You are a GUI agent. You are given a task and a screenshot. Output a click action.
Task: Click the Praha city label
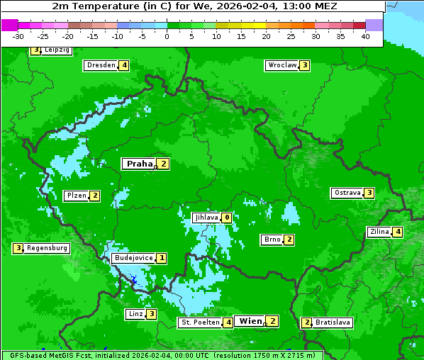click(x=140, y=164)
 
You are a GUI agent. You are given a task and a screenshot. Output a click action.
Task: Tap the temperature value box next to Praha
click(x=164, y=164)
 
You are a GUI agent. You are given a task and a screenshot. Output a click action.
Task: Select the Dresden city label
click(x=101, y=65)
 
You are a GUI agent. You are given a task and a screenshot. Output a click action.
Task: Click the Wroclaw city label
click(x=282, y=65)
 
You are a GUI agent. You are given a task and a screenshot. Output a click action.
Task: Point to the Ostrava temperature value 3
click(x=369, y=193)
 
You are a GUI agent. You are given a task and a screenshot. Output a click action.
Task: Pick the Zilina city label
click(x=379, y=232)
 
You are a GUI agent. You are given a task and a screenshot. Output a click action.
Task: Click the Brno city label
click(x=272, y=240)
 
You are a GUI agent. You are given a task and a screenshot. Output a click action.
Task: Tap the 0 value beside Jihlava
click(x=227, y=218)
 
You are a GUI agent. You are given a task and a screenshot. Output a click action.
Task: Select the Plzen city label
click(x=76, y=196)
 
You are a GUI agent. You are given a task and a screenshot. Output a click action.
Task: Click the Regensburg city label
click(x=48, y=248)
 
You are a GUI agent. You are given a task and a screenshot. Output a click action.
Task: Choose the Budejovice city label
click(x=133, y=258)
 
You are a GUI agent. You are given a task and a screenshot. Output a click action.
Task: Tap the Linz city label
click(x=135, y=314)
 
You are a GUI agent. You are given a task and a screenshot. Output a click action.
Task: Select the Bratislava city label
click(x=333, y=322)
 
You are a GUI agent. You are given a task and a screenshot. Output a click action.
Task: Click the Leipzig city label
click(x=56, y=50)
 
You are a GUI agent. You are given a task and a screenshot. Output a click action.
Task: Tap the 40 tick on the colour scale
click(x=365, y=36)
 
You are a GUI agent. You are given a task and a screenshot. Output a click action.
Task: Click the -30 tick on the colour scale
click(x=18, y=36)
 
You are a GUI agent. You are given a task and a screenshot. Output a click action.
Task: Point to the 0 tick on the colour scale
click(x=167, y=36)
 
